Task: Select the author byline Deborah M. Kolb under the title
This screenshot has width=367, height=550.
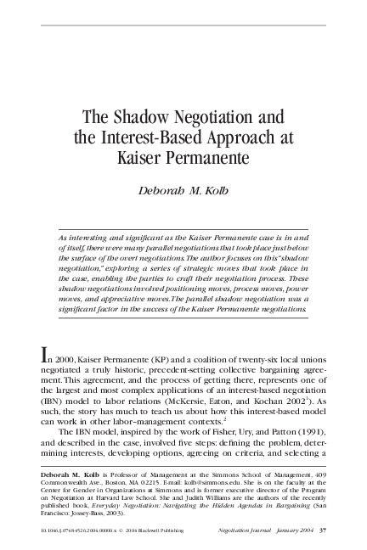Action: (x=183, y=190)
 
